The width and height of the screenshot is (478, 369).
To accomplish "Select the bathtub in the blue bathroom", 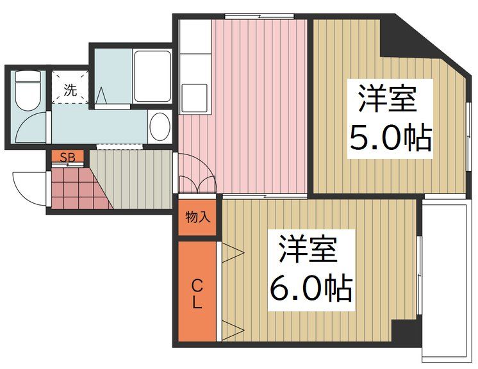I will click(x=152, y=76).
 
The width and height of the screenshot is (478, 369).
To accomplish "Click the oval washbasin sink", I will click(x=160, y=127).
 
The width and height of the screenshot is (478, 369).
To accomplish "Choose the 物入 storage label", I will click(x=198, y=217).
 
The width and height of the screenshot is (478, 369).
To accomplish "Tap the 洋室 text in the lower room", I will click(x=308, y=250).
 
